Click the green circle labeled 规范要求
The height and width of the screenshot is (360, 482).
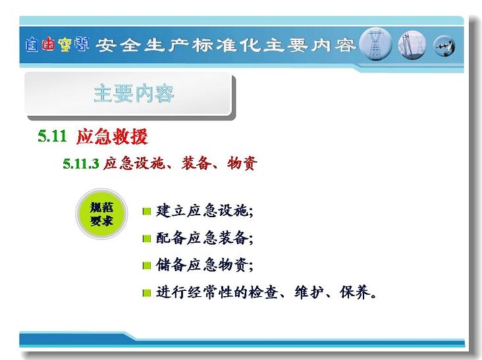(x=101, y=214)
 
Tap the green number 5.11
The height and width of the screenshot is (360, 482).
(x=52, y=136)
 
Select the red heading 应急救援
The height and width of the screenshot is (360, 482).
(x=112, y=136)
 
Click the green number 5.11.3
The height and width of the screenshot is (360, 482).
(x=81, y=163)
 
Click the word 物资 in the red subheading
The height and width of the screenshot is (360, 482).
(x=242, y=163)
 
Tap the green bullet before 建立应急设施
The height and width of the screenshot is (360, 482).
(x=147, y=211)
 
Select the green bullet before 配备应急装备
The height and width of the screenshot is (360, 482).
(x=147, y=238)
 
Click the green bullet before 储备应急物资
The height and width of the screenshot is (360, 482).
(x=147, y=265)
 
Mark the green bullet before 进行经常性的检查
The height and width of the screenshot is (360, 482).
(x=147, y=293)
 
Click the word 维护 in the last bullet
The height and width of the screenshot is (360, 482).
(x=309, y=292)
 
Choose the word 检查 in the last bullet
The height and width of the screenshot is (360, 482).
(x=263, y=292)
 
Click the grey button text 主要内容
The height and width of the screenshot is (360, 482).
(x=134, y=93)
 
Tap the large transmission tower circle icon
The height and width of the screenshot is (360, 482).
(x=375, y=44)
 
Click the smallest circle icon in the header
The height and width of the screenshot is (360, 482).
(x=444, y=46)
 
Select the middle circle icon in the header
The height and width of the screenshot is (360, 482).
(x=412, y=45)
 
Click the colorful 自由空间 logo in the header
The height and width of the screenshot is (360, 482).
(x=57, y=45)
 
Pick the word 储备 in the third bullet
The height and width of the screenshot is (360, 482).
(x=171, y=265)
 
